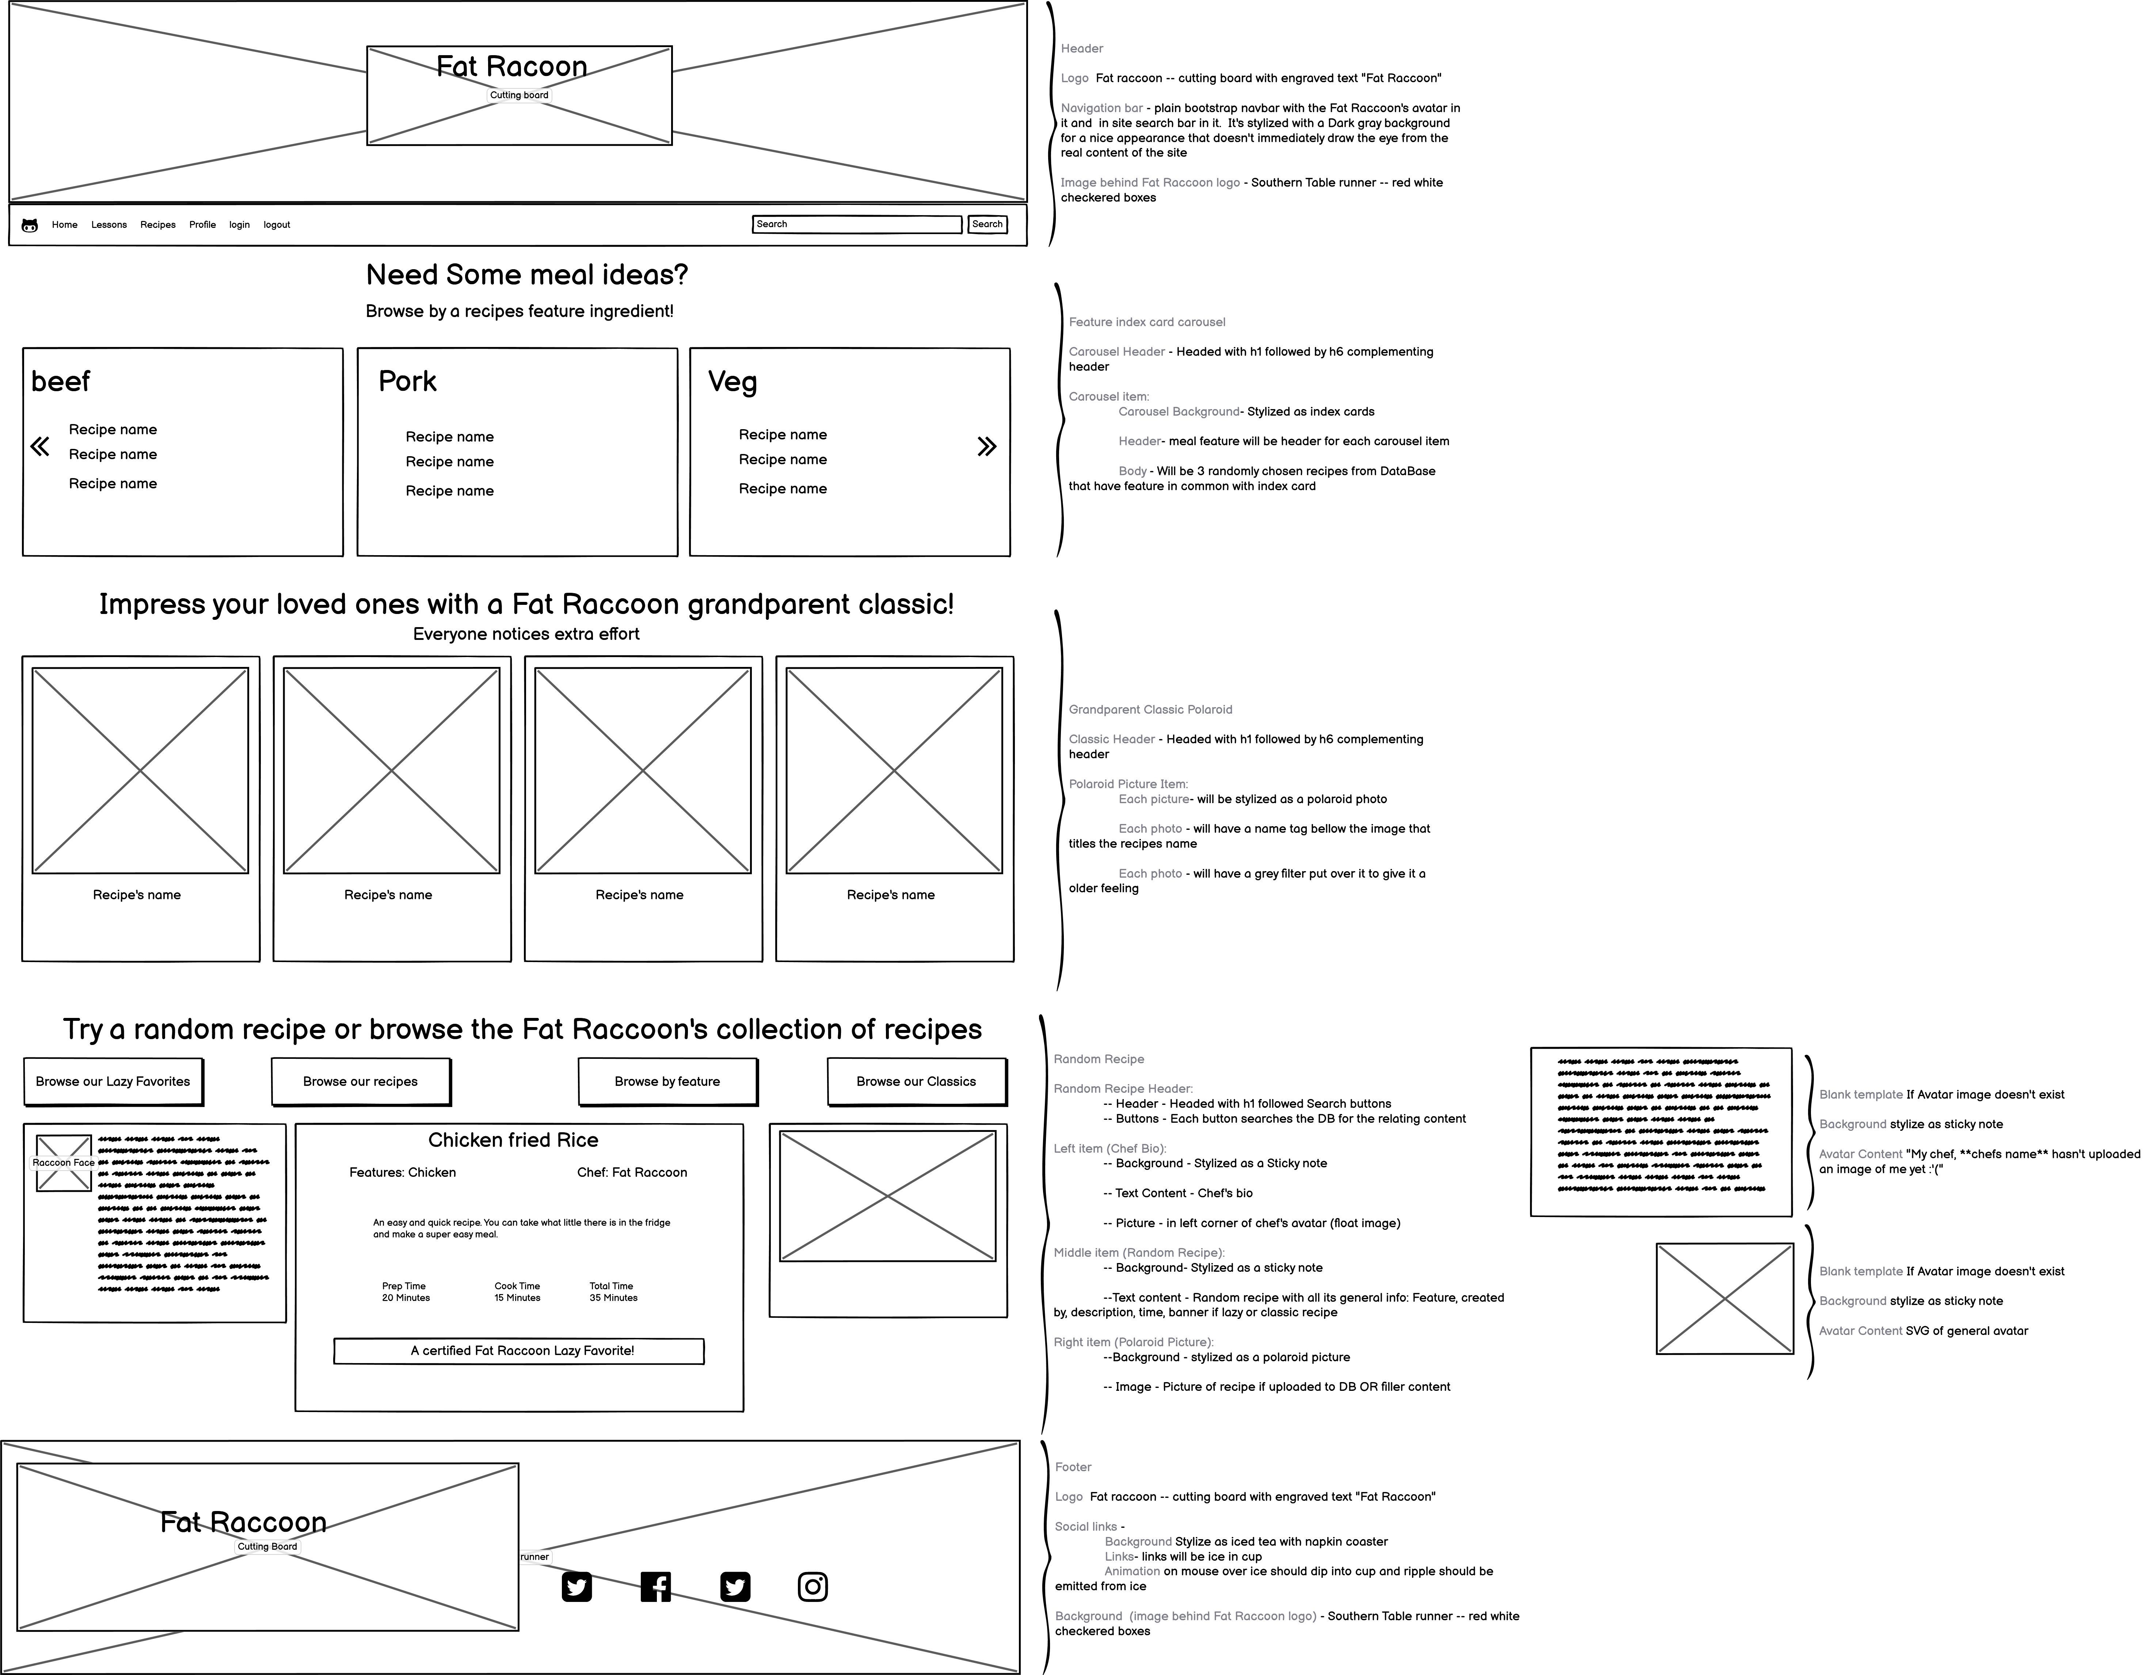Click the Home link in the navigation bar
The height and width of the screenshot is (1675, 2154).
64,225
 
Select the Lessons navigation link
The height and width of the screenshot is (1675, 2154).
109,225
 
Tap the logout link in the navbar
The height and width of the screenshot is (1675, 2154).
276,225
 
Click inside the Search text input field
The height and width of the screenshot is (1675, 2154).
856,225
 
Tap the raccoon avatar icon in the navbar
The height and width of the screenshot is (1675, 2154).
30,226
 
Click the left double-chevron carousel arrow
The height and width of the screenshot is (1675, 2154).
39,447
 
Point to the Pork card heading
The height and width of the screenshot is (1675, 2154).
407,382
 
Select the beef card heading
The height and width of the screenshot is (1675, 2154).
60,382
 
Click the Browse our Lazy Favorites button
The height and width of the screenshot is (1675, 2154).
113,1081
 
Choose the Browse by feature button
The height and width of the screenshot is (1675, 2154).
668,1081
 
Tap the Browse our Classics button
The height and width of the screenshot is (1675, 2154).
916,1081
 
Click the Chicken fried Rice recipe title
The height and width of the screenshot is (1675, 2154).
513,1140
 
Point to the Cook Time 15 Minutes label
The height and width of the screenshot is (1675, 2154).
517,1291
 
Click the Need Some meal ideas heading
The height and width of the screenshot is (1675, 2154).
527,275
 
